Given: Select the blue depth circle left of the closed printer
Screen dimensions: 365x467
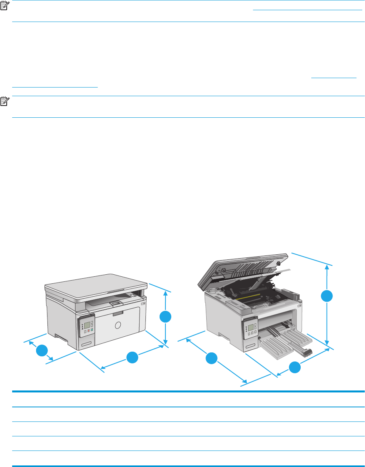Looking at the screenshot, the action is (x=42, y=350).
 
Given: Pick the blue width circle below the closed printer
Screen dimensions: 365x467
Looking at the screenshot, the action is (x=132, y=358).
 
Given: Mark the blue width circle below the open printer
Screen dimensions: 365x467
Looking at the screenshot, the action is (x=295, y=367).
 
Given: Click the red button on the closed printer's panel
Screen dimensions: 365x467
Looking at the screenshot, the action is (x=89, y=331).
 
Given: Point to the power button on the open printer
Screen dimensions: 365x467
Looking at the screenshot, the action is (x=300, y=306).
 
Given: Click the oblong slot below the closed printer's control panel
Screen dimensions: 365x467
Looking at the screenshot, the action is (x=87, y=344).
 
